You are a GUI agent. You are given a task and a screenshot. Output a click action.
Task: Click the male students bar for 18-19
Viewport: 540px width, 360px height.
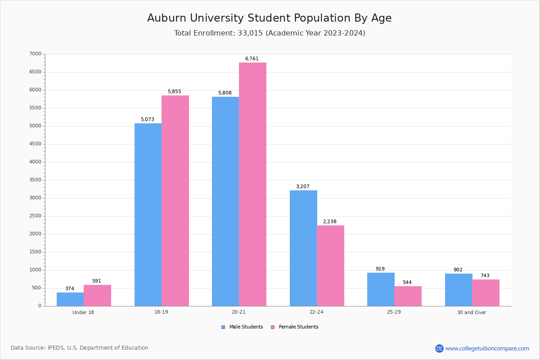point(148,215)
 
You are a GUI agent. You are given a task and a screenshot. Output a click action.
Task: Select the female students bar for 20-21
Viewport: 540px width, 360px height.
point(252,184)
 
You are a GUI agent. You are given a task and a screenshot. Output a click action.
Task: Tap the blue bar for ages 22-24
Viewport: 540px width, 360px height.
point(303,248)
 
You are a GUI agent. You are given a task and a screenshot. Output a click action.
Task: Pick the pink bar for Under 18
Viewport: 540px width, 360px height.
point(97,295)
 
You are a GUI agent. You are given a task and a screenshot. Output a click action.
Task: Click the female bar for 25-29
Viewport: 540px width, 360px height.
point(408,296)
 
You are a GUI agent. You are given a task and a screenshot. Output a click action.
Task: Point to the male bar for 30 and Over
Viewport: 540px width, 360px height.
point(459,290)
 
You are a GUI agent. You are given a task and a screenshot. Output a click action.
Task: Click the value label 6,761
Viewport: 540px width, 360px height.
point(252,59)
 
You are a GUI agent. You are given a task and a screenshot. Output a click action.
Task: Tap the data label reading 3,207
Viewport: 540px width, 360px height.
point(303,187)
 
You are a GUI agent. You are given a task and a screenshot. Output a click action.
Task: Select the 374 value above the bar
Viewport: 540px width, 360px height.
point(70,289)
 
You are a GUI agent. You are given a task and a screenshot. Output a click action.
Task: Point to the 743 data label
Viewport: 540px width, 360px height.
point(485,276)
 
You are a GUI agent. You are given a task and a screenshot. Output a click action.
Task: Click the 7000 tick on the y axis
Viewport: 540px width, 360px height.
point(36,54)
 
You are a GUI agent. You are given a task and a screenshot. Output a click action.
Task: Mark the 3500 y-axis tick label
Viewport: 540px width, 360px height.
point(36,180)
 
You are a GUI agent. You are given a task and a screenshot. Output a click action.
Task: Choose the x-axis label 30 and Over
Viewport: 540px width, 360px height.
point(472,312)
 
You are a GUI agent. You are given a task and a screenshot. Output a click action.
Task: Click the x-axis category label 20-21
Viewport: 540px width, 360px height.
point(239,312)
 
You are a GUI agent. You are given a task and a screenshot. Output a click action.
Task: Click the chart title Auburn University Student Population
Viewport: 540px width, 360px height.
point(269,18)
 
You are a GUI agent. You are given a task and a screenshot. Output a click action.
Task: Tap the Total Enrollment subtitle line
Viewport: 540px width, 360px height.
point(270,33)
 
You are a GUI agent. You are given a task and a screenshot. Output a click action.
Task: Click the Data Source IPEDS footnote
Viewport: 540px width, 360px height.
point(80,348)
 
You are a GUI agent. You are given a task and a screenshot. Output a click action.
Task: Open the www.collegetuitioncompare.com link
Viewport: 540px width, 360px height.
point(487,348)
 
